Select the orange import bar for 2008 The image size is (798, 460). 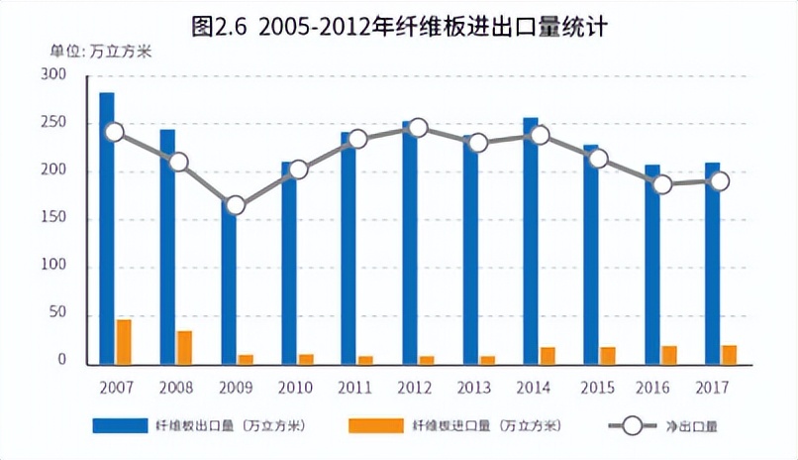[184, 348]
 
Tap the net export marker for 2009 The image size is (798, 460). [235, 206]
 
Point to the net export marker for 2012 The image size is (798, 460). [418, 128]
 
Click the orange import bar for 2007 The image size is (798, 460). [124, 341]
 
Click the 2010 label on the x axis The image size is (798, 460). [295, 385]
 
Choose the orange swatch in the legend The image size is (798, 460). [375, 425]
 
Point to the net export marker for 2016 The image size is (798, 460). [661, 184]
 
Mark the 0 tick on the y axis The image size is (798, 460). [61, 360]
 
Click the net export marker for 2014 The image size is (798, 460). [539, 135]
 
